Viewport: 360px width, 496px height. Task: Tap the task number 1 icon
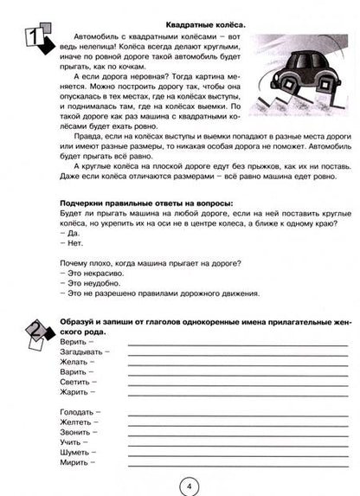click(34, 41)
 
